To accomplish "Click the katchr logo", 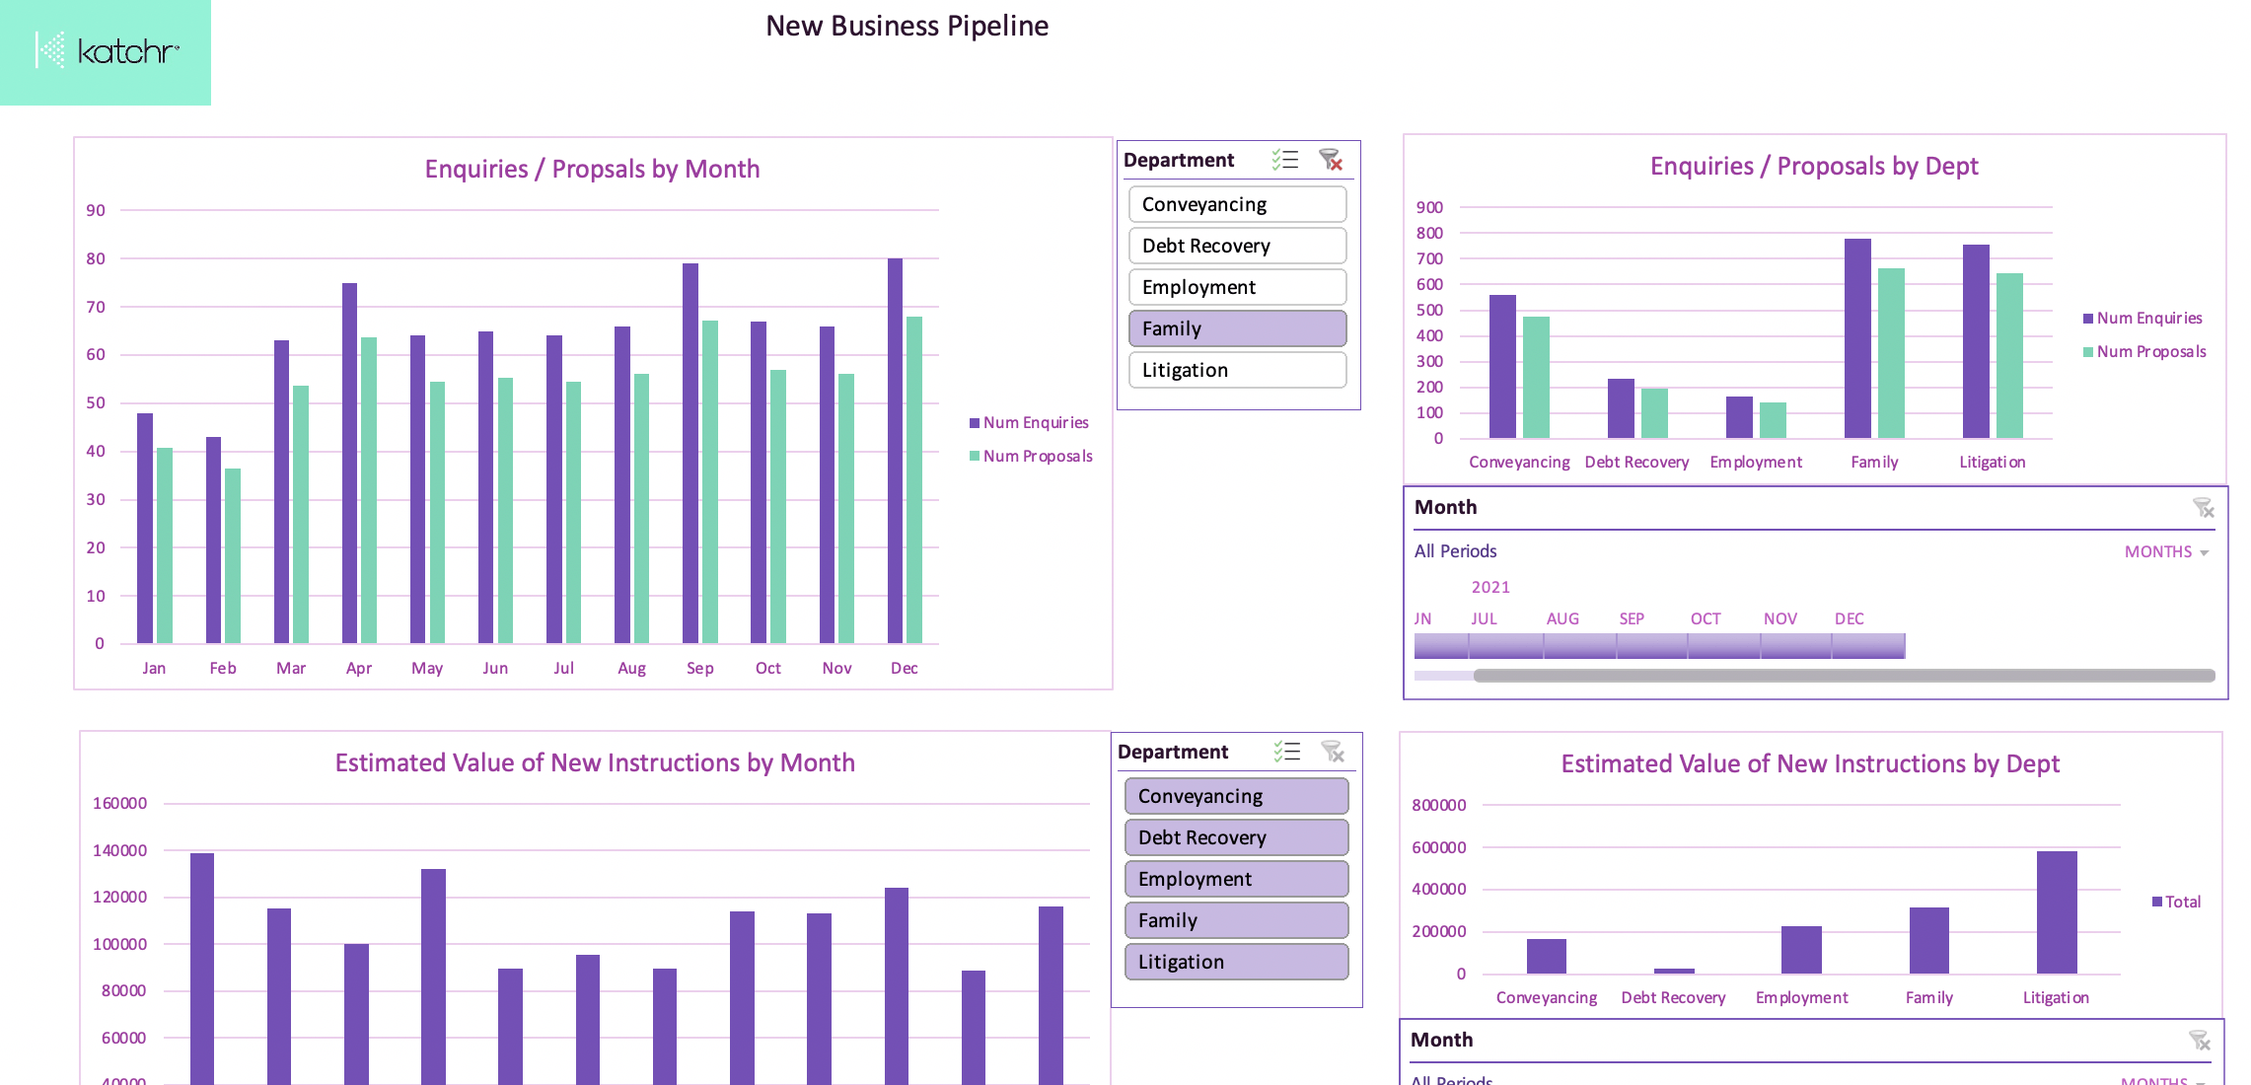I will pyautogui.click(x=107, y=50).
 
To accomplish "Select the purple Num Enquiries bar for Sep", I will pyautogui.click(x=690, y=454).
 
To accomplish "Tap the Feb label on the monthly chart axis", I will pyautogui.click(x=223, y=668).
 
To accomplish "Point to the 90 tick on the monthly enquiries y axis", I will pyautogui.click(x=96, y=210).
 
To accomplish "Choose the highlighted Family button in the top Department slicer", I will pyautogui.click(x=1237, y=328).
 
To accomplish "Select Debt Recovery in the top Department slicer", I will pyautogui.click(x=1237, y=246).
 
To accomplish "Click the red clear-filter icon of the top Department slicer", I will pyautogui.click(x=1331, y=160).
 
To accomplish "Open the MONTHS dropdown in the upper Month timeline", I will pyautogui.click(x=2166, y=551).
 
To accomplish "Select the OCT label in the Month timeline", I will pyautogui.click(x=1706, y=618).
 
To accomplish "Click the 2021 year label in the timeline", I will pyautogui.click(x=1490, y=587).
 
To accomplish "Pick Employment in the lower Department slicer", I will pyautogui.click(x=1236, y=879).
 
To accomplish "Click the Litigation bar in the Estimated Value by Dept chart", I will pyautogui.click(x=2057, y=912).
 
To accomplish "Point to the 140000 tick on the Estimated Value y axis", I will pyautogui.click(x=119, y=850).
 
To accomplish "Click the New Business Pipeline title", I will pyautogui.click(x=907, y=26).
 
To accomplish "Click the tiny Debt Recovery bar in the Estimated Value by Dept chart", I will pyautogui.click(x=1674, y=971).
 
